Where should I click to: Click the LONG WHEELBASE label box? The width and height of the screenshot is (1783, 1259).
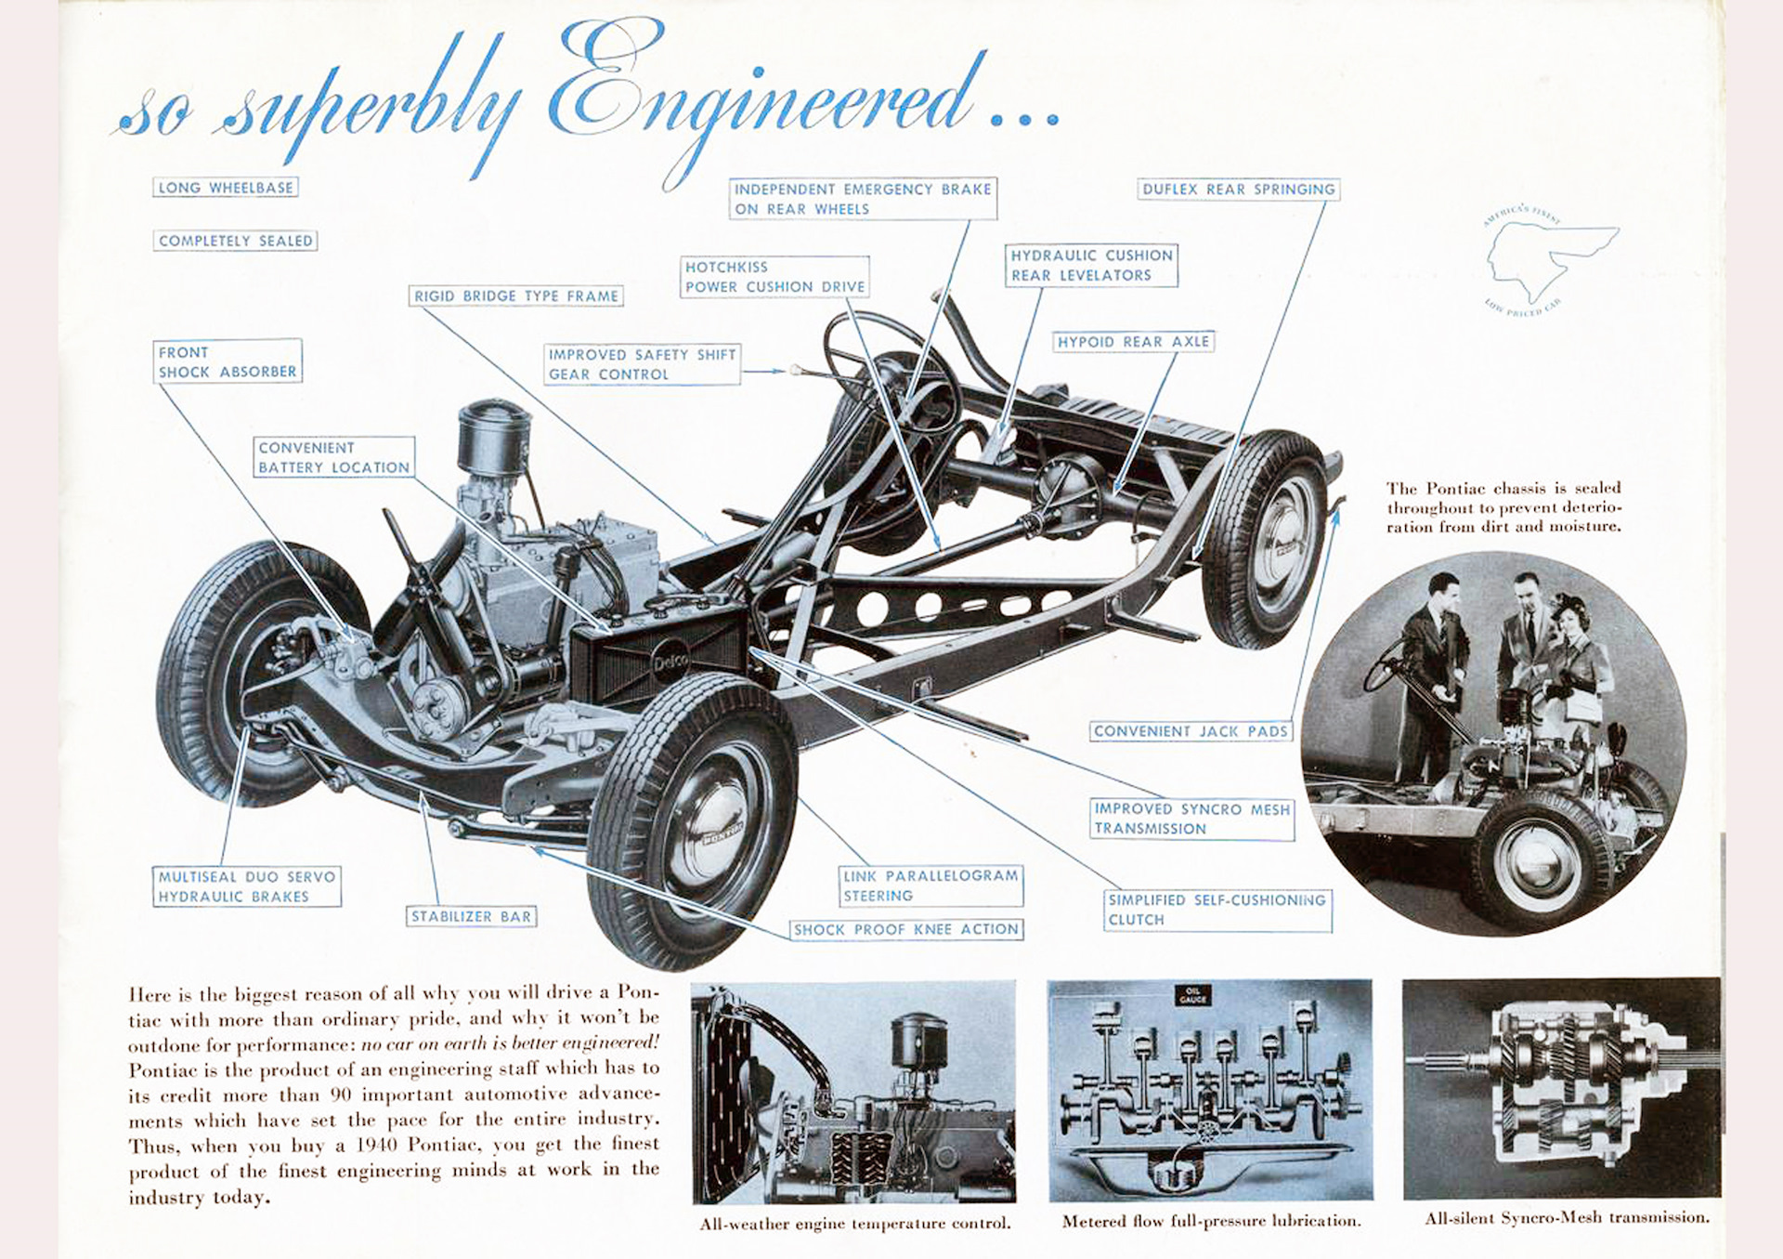pyautogui.click(x=225, y=188)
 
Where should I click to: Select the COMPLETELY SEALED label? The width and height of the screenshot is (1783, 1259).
pyautogui.click(x=235, y=241)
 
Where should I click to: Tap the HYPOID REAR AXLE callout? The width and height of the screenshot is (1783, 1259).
pyautogui.click(x=1133, y=342)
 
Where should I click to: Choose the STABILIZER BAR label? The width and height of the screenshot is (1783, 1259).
pyautogui.click(x=472, y=916)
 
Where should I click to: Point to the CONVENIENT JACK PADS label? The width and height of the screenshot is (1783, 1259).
pyautogui.click(x=1191, y=731)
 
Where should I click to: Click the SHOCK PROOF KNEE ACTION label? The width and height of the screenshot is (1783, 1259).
pyautogui.click(x=905, y=929)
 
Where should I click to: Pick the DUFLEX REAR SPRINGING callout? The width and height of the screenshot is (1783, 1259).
pyautogui.click(x=1238, y=190)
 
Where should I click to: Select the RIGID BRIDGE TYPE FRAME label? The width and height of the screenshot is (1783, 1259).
pyautogui.click(x=516, y=296)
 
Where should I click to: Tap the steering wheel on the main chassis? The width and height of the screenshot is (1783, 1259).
pyautogui.click(x=891, y=372)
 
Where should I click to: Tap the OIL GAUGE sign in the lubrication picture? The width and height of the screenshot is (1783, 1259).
pyautogui.click(x=1192, y=995)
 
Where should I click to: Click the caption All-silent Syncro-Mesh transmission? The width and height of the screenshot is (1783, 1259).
pyautogui.click(x=1567, y=1217)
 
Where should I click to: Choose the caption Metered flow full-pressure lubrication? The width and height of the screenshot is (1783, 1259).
pyautogui.click(x=1211, y=1221)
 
